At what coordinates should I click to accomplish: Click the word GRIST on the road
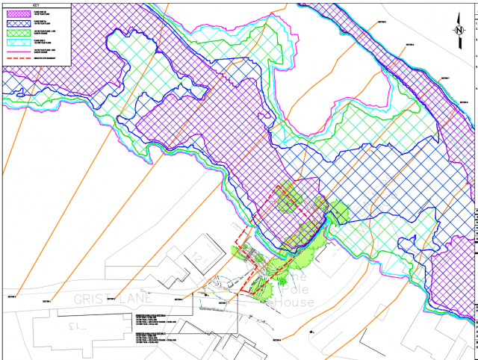tap(91, 298)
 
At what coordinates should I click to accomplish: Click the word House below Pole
tap(293, 302)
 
